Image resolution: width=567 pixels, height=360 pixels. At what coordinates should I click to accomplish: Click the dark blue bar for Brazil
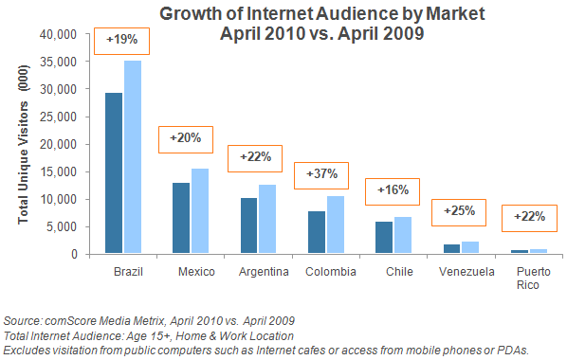point(115,173)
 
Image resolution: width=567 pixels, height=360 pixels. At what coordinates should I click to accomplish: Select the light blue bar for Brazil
point(133,157)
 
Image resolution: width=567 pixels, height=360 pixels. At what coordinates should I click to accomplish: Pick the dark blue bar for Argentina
point(248,225)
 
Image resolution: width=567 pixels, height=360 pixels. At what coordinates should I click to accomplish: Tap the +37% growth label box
point(323,176)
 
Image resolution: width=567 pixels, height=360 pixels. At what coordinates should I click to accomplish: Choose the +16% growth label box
point(393,189)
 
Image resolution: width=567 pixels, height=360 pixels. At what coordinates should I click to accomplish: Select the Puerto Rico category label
point(529,277)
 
